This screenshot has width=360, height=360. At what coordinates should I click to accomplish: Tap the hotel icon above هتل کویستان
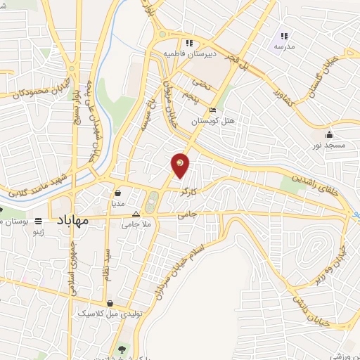pos(213,110)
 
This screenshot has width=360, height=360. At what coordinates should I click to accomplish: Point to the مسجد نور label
pos(329,145)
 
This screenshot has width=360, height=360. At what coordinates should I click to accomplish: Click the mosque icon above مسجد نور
pos(328,134)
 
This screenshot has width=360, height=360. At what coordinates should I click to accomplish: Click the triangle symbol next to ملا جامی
pos(136,215)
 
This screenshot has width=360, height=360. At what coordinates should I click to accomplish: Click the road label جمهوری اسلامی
pos(72,275)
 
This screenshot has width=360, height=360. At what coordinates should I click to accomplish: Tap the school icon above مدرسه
pos(285,36)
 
